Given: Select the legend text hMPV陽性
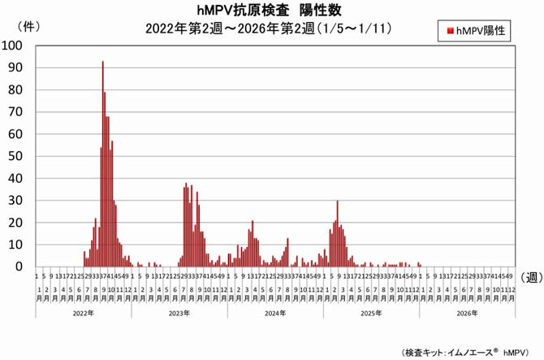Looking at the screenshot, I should pyautogui.click(x=480, y=31).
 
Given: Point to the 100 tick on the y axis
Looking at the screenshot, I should pyautogui.click(x=16, y=46).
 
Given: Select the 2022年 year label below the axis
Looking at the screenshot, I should pyautogui.click(x=84, y=312).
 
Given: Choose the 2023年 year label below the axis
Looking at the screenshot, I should pyautogui.click(x=179, y=312).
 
